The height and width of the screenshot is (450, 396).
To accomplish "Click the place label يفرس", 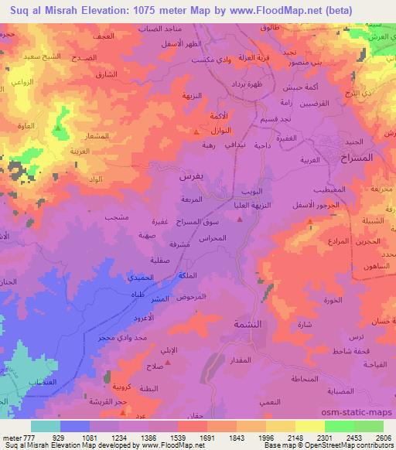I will (x=190, y=176).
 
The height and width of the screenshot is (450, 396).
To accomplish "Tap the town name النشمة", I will (x=253, y=326).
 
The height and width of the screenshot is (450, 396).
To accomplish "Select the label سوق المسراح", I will (x=203, y=222).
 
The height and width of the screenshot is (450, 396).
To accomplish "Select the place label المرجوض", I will (x=191, y=297).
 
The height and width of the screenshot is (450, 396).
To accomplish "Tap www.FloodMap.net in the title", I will (x=260, y=10).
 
